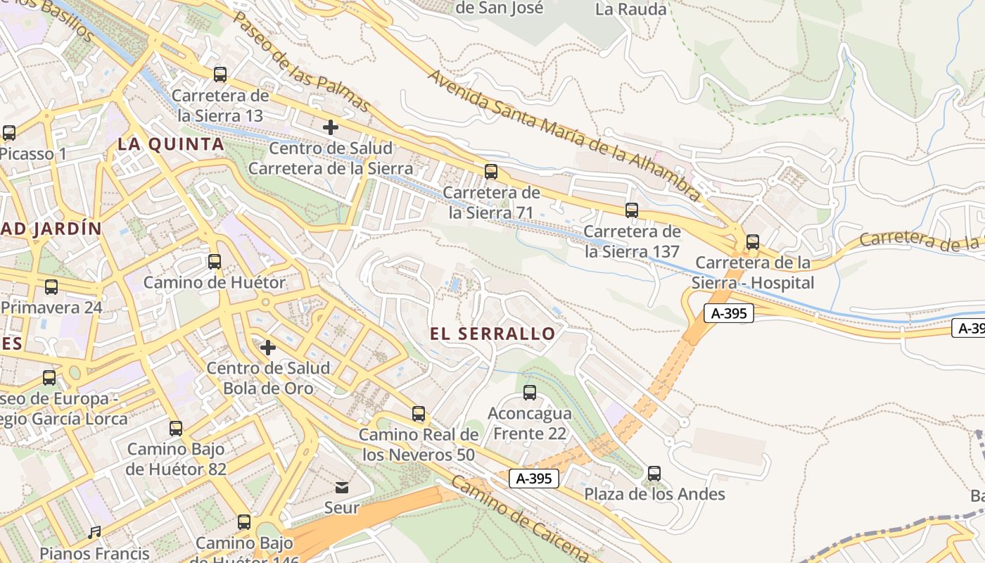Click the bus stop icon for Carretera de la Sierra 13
pyautogui.click(x=220, y=74)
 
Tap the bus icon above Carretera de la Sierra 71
pyautogui.click(x=491, y=171)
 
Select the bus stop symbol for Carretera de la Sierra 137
pyautogui.click(x=632, y=210)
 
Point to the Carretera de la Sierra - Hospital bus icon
pyautogui.click(x=753, y=242)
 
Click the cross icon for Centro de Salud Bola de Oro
pyautogui.click(x=268, y=348)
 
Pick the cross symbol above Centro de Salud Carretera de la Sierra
pyautogui.click(x=331, y=127)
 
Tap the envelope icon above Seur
pyautogui.click(x=342, y=487)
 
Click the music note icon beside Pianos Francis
pyautogui.click(x=94, y=532)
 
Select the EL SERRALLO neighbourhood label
pyautogui.click(x=493, y=334)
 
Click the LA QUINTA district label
pyautogui.click(x=171, y=144)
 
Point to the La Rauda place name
pyautogui.click(x=630, y=9)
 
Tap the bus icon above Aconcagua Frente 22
pyautogui.click(x=530, y=393)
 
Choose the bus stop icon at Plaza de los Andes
pyautogui.click(x=654, y=474)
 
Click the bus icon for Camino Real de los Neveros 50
pyautogui.click(x=419, y=414)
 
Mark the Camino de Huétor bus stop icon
pyautogui.click(x=215, y=262)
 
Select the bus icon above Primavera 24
pyautogui.click(x=51, y=287)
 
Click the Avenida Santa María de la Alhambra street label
pyautogui.click(x=563, y=134)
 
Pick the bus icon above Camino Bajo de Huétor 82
pyautogui.click(x=176, y=428)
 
